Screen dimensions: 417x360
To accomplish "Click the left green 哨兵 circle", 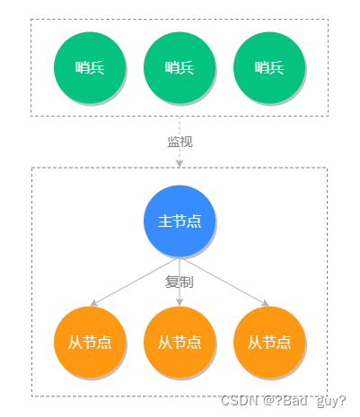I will click(89, 66).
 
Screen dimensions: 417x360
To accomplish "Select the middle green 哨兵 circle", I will click(179, 66).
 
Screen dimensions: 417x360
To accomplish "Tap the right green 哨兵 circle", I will click(268, 66).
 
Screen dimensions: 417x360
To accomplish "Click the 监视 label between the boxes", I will click(180, 142).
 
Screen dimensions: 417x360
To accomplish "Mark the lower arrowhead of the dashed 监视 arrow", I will click(180, 162).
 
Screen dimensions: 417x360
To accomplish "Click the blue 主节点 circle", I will click(180, 221).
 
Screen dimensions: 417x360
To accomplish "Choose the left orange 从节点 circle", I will click(89, 342).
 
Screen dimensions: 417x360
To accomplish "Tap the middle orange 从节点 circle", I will click(179, 342).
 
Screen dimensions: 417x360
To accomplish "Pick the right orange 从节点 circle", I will click(268, 342).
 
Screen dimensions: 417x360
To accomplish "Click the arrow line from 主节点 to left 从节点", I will click(135, 282).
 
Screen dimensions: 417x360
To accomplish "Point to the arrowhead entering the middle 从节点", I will click(180, 302).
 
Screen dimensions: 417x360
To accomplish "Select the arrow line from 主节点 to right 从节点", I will click(224, 282).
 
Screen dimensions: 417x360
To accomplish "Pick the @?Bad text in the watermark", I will click(283, 400).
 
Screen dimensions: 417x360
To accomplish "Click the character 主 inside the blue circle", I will click(165, 221).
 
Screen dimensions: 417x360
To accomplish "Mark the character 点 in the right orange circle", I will click(284, 342).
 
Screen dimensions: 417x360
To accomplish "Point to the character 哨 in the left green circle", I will click(83, 67).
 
